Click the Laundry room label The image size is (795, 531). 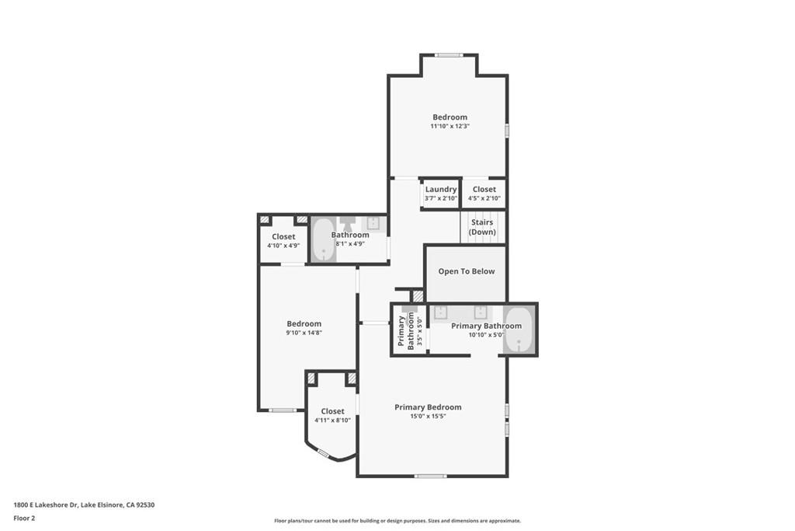[441, 189]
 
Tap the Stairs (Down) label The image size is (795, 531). [482, 227]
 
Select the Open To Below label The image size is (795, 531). [466, 271]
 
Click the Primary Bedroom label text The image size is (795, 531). [428, 407]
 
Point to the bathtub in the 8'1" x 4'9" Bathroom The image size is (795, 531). [322, 239]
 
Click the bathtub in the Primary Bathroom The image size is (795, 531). [519, 330]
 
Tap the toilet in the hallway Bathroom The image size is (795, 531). [347, 223]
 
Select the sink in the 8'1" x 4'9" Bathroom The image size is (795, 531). [373, 223]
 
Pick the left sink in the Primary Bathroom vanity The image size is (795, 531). [440, 313]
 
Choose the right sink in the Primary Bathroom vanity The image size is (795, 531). [481, 313]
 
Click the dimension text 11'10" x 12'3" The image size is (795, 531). [450, 126]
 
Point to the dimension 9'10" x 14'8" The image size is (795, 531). [304, 333]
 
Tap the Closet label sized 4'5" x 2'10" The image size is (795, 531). [484, 189]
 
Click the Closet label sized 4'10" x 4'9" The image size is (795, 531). [283, 236]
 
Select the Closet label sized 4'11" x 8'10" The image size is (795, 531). [332, 411]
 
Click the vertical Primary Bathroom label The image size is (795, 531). [406, 330]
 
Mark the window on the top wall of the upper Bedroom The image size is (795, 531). [448, 54]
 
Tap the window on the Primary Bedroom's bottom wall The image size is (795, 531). [430, 476]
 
